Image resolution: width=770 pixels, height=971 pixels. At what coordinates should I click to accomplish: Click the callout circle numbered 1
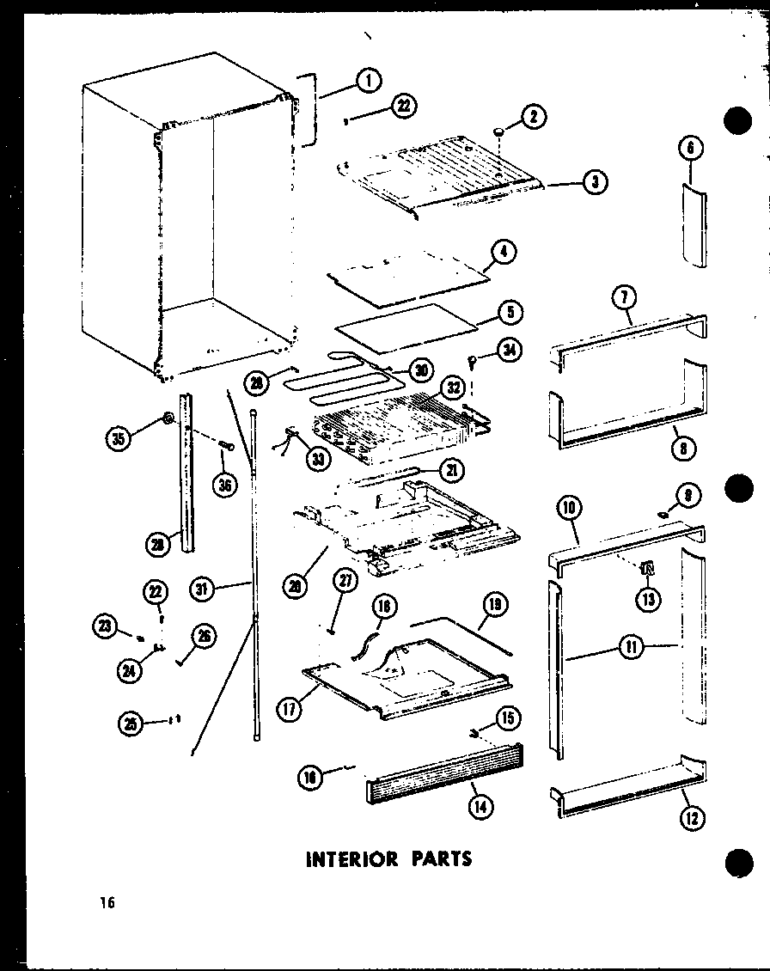click(367, 82)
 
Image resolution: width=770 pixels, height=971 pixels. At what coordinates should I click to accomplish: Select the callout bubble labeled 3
click(595, 181)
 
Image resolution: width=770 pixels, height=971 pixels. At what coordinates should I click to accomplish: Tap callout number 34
click(509, 351)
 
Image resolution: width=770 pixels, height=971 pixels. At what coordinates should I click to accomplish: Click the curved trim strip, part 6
click(694, 225)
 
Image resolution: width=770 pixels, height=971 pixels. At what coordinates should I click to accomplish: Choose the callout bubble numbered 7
click(623, 300)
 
